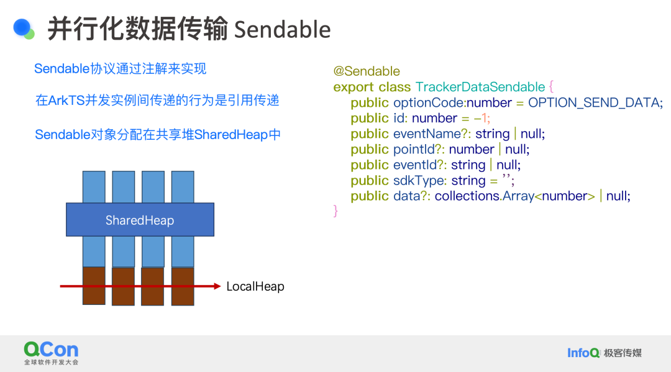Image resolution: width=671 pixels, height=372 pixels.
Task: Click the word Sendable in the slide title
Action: (283, 30)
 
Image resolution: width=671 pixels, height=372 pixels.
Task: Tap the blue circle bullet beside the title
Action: (22, 27)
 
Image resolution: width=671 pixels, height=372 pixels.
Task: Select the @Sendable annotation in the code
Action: (367, 71)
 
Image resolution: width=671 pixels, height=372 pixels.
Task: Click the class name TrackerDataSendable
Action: (480, 87)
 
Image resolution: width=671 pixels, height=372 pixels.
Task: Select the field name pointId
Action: (414, 149)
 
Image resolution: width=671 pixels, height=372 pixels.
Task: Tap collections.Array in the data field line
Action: (485, 196)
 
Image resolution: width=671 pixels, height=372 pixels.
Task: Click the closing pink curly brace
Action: (335, 211)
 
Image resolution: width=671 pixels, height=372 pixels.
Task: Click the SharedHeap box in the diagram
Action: (140, 220)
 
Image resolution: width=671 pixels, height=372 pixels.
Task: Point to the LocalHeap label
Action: (255, 286)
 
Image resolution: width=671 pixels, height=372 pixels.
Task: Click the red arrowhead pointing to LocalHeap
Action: (217, 286)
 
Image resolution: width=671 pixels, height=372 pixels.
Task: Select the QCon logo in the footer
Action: (52, 353)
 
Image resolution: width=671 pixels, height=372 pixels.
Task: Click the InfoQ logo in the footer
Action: (583, 353)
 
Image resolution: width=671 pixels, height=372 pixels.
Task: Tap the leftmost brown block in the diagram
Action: (94, 286)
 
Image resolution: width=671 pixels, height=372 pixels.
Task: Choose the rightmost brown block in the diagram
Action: (183, 286)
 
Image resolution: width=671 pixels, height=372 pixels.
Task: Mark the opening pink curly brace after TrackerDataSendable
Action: (551, 87)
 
